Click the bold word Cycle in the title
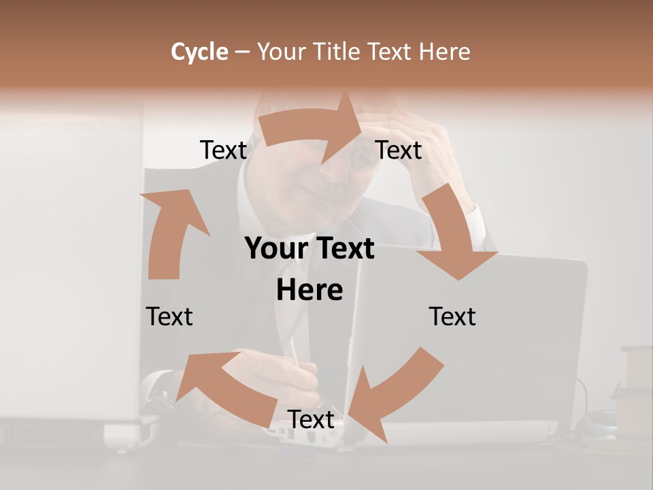click(x=199, y=52)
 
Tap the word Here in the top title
click(x=444, y=52)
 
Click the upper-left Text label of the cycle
click(x=223, y=150)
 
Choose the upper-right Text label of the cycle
click(x=399, y=150)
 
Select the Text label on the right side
click(x=452, y=316)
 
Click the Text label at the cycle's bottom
click(x=311, y=420)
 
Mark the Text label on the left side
click(x=169, y=316)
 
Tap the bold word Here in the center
click(x=309, y=290)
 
